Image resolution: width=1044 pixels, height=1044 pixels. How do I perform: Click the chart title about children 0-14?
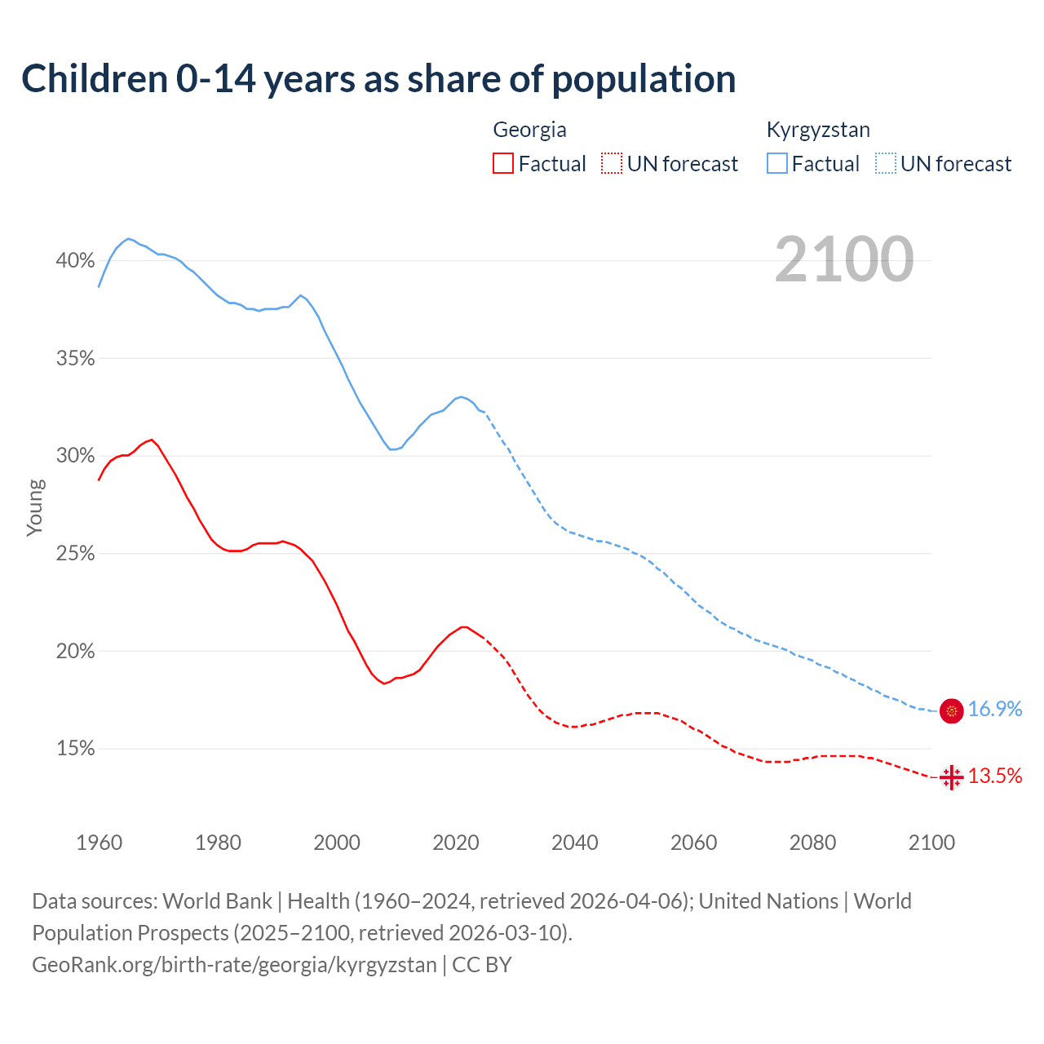coord(378,79)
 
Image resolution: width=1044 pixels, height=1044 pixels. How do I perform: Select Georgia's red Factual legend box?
coord(503,163)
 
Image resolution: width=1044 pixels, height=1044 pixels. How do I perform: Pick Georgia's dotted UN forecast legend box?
coord(612,163)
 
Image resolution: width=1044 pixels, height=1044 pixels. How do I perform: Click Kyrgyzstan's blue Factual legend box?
coord(777,163)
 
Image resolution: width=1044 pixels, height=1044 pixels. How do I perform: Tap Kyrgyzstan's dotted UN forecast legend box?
coord(886,163)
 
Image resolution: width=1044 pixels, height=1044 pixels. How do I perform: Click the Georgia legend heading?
coord(529,130)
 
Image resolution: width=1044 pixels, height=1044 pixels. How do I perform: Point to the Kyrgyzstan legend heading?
coord(818,130)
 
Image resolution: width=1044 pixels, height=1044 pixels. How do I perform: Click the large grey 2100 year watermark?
coord(844,259)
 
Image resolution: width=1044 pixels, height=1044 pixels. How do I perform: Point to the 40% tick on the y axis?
coord(75,261)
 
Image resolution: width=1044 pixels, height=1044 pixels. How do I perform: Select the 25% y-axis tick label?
coord(75,554)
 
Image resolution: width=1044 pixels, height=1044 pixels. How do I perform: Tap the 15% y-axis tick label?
coord(75,749)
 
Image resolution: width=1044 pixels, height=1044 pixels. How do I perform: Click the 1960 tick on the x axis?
coord(99,843)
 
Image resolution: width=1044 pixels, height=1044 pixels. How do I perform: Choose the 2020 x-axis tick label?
coord(455,843)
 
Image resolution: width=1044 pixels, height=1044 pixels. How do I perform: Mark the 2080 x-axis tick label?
coord(812,843)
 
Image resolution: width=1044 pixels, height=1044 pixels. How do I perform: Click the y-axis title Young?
coord(34,507)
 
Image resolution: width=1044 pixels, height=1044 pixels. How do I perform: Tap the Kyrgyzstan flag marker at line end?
coord(952,710)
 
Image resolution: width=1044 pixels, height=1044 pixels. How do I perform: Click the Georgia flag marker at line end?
coord(952,777)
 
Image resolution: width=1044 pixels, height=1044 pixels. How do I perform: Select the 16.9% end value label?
coord(995,710)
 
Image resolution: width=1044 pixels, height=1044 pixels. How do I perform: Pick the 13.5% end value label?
coord(995,776)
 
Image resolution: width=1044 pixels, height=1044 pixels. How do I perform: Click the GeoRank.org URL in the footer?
coord(235,965)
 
